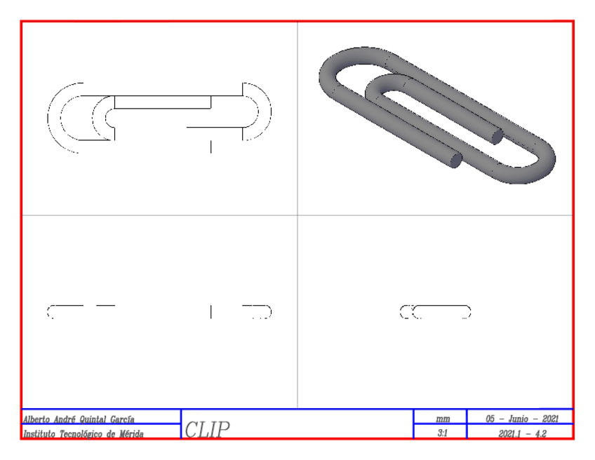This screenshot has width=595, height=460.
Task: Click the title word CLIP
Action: (x=207, y=428)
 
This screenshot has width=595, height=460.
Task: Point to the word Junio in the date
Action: (x=520, y=419)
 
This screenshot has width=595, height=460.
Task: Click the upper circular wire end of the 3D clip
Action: (x=496, y=135)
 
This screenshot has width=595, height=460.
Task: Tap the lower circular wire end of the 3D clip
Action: (x=455, y=161)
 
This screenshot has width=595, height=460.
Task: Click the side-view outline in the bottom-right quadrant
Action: (x=436, y=312)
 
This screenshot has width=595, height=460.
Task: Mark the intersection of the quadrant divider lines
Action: (x=297, y=215)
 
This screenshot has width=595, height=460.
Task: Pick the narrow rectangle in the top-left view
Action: (x=163, y=102)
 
